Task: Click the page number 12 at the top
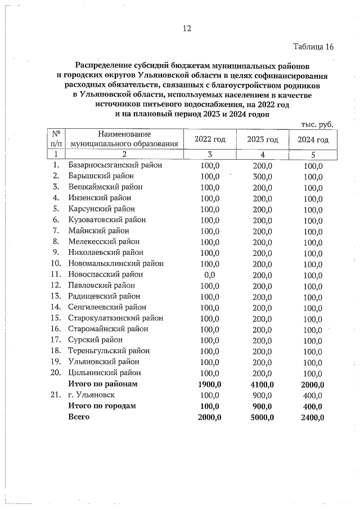tap(186, 29)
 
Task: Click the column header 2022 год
tap(210, 139)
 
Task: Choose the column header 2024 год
tap(313, 139)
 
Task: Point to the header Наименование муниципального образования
tap(125, 139)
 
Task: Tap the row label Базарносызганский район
tap(115, 165)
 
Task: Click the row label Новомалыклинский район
tap(116, 263)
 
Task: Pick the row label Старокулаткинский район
tap(116, 318)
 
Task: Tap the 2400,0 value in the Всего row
tap(313, 417)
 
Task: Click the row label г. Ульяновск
tap(92, 395)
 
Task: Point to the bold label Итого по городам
tap(102, 406)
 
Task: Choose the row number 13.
tap(56, 296)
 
